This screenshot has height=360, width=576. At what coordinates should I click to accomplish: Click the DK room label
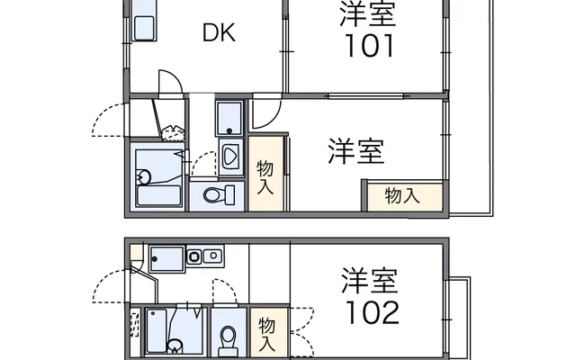(x=219, y=32)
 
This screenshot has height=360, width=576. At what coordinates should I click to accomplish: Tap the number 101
(x=369, y=46)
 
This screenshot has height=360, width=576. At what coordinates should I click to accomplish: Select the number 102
(x=372, y=313)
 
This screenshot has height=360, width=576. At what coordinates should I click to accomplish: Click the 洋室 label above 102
(x=370, y=280)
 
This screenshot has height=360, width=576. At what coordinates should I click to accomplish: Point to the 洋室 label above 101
(x=368, y=13)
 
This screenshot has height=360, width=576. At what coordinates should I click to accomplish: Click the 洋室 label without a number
(x=356, y=151)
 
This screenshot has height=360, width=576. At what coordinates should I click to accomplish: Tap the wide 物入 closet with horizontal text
(x=406, y=196)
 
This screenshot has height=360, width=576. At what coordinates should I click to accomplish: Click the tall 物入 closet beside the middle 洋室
(x=265, y=174)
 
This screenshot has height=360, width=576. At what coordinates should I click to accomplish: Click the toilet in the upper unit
(x=219, y=194)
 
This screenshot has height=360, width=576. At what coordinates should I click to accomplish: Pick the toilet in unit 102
(x=228, y=338)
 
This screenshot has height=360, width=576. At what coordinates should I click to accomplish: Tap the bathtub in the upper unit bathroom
(x=158, y=195)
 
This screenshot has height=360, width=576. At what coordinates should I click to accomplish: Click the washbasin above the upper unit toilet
(x=230, y=157)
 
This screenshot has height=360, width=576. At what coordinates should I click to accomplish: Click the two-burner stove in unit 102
(x=204, y=256)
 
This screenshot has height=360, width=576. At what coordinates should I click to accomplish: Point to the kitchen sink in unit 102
(x=166, y=259)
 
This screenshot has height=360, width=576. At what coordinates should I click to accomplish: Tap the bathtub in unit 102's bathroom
(x=156, y=330)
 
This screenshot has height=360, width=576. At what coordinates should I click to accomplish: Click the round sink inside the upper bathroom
(x=144, y=176)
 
